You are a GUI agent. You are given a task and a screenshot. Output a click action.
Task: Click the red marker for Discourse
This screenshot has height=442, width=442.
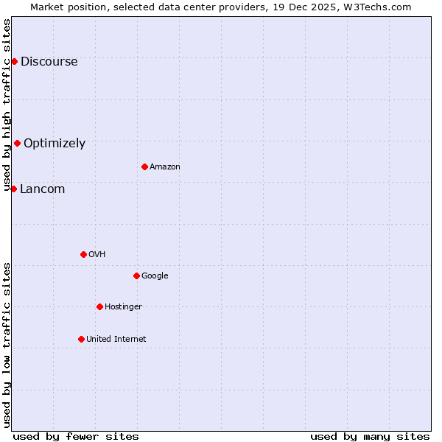(x=14, y=61)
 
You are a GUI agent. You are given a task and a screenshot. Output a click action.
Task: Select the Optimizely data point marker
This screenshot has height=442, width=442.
(x=17, y=143)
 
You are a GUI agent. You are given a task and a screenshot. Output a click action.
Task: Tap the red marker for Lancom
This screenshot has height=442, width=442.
(x=13, y=189)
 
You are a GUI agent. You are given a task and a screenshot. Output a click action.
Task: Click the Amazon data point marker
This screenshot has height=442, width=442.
(x=144, y=166)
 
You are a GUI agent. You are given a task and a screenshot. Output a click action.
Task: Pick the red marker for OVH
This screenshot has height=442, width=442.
(x=83, y=254)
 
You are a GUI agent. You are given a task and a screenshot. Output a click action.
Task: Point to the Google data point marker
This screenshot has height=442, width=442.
(x=136, y=276)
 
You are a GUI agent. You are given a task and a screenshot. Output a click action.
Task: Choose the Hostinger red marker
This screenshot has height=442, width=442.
(x=99, y=306)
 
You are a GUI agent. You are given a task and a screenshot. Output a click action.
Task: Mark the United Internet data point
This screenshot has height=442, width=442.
(x=81, y=339)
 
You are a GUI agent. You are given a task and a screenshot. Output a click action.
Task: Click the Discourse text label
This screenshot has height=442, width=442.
(x=49, y=62)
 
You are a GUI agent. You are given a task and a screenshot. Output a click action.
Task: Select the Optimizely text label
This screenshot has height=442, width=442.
(x=55, y=144)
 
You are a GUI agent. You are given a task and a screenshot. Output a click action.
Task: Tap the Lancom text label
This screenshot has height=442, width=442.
(x=42, y=189)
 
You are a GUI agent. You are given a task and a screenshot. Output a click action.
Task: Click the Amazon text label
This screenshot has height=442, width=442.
(x=165, y=167)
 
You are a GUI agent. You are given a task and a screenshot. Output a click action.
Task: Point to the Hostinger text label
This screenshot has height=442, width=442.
(x=123, y=307)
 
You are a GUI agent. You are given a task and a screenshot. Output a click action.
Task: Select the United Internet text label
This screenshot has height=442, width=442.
(x=116, y=340)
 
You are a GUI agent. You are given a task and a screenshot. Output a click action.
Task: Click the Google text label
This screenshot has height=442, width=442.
(x=155, y=276)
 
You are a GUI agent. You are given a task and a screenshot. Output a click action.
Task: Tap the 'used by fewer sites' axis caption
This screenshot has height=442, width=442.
(x=76, y=437)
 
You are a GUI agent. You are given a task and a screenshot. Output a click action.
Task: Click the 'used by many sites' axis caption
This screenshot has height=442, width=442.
(x=370, y=437)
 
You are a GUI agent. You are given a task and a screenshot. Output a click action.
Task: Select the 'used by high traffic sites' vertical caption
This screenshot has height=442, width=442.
(x=7, y=105)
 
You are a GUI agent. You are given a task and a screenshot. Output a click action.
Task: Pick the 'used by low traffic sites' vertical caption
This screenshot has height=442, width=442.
(x=7, y=345)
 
